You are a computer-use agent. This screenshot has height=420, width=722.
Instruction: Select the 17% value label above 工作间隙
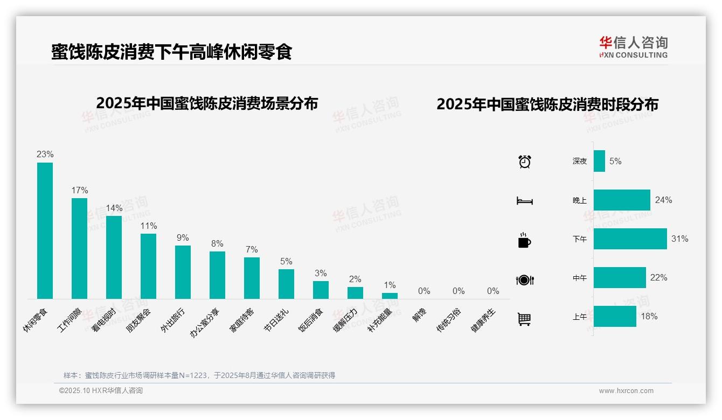(x=80, y=190)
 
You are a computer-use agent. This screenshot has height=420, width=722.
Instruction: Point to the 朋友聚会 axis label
(x=138, y=320)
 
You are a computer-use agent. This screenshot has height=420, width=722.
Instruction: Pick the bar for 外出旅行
(x=183, y=272)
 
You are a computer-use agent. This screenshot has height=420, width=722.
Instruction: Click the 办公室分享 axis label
(x=205, y=323)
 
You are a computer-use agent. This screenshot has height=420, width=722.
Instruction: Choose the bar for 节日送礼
(x=286, y=284)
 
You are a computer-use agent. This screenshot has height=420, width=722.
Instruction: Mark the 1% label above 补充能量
(x=390, y=285)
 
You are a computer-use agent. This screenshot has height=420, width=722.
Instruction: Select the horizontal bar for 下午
(x=630, y=239)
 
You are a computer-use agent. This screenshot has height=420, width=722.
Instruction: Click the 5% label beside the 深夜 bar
(x=615, y=161)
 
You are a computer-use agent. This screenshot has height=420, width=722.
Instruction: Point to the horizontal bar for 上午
(x=615, y=317)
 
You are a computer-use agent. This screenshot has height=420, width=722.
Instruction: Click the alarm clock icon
(x=525, y=161)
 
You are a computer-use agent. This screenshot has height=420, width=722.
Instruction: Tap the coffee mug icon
(x=524, y=240)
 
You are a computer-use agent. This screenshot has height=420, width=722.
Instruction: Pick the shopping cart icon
(x=524, y=319)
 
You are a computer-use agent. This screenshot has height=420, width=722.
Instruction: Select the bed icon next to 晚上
(x=524, y=201)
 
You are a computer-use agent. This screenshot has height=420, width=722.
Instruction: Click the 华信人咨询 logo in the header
(x=633, y=47)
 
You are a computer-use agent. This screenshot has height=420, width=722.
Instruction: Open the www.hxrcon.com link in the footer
(x=626, y=391)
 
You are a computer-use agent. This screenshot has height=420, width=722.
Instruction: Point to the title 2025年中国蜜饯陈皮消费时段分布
(x=547, y=104)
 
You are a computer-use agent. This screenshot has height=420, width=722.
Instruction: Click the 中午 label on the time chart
(x=580, y=278)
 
